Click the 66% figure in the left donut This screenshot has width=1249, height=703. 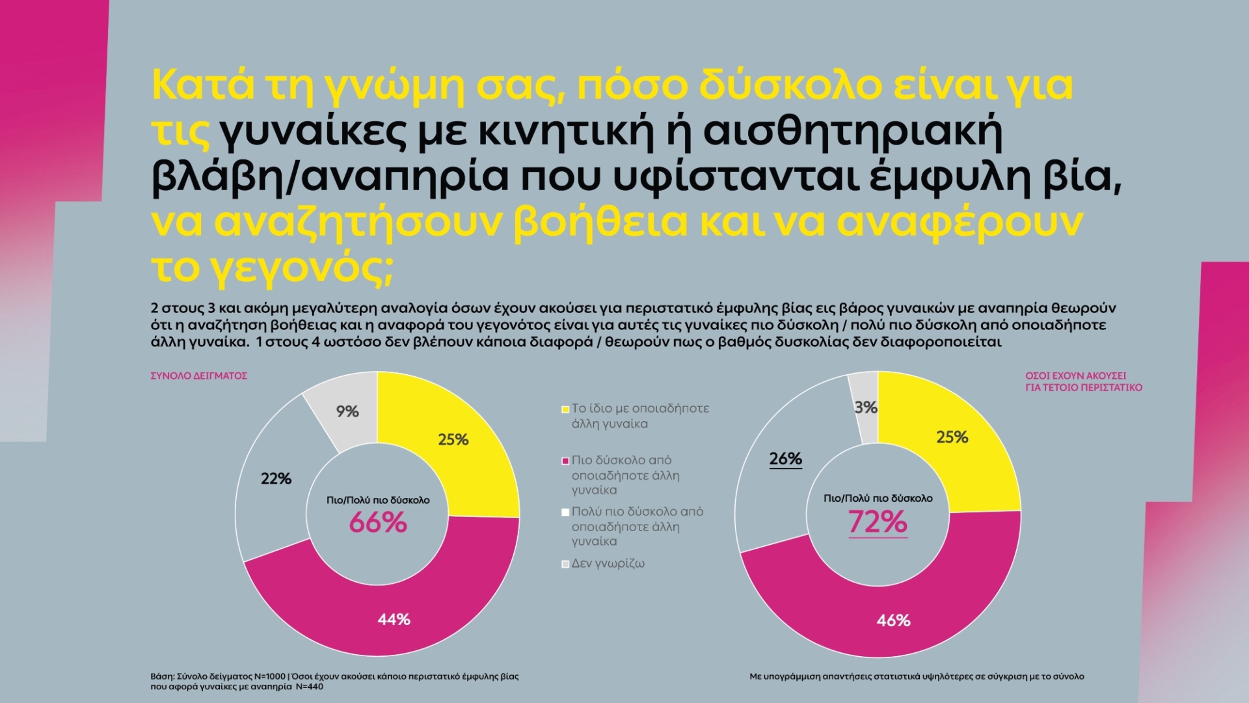378,523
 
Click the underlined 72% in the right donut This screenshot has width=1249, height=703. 878,522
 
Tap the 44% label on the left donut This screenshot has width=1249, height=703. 394,620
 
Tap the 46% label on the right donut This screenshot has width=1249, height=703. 893,621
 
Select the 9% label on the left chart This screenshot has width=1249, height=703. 347,411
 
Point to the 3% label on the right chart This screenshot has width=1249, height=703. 866,407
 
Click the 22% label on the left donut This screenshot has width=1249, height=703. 276,479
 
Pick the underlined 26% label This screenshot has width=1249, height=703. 785,459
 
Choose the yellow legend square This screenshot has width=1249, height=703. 565,409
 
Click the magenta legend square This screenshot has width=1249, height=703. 565,461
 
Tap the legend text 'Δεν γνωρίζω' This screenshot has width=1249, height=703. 608,564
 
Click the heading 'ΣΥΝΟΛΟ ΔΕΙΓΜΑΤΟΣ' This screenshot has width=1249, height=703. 199,376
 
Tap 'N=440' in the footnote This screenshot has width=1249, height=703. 310,687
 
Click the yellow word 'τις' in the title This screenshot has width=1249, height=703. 181,131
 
